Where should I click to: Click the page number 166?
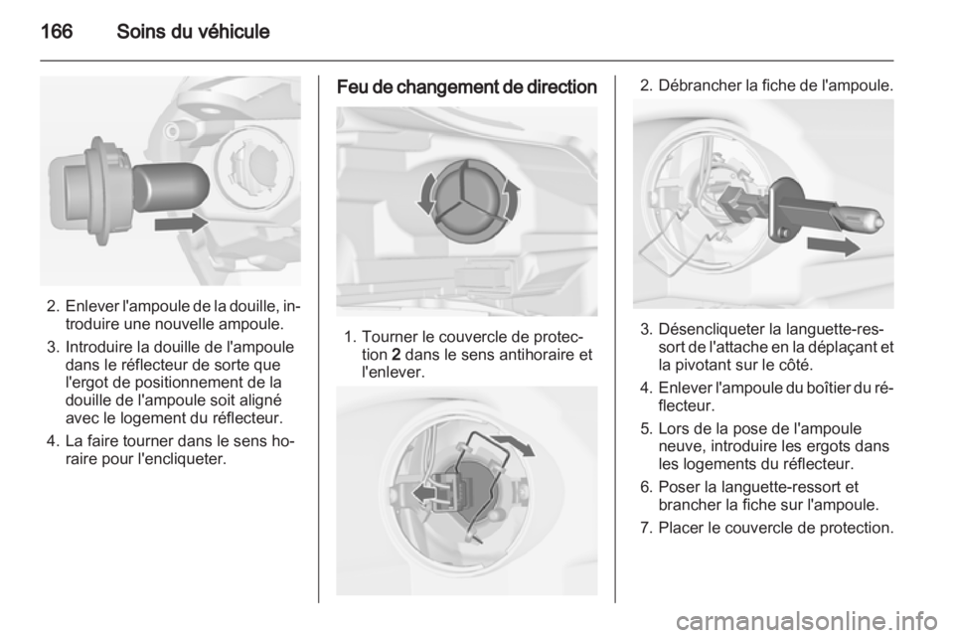(x=57, y=31)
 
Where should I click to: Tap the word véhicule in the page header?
(x=233, y=31)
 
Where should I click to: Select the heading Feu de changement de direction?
(x=467, y=87)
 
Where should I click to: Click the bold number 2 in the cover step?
(x=397, y=354)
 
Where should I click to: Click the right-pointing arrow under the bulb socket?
(x=181, y=224)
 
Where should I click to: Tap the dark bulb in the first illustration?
(x=169, y=187)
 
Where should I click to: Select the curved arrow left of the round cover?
(x=426, y=193)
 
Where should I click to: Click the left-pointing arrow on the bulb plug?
(x=424, y=493)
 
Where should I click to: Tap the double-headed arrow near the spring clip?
(x=513, y=446)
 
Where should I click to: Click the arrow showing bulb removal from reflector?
(x=834, y=246)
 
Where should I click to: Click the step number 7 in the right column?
(x=645, y=528)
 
